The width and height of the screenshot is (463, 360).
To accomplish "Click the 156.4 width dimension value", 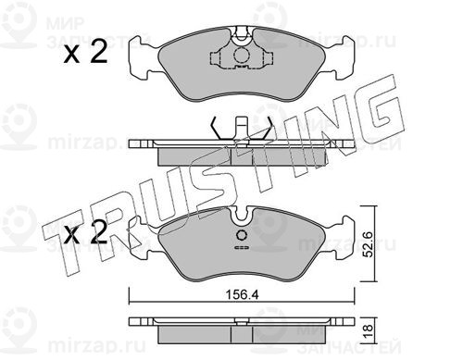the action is coord(242,295).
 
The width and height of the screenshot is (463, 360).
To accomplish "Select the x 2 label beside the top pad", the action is coord(85,53).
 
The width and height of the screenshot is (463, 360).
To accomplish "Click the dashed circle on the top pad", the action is coord(242,56).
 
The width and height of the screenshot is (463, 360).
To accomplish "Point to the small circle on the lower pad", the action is coord(242,235).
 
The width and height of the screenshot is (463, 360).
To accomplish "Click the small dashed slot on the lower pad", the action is coord(242,248).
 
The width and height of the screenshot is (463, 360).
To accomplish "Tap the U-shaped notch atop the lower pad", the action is coord(242,216).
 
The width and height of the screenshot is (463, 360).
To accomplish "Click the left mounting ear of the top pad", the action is coord(141,58).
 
